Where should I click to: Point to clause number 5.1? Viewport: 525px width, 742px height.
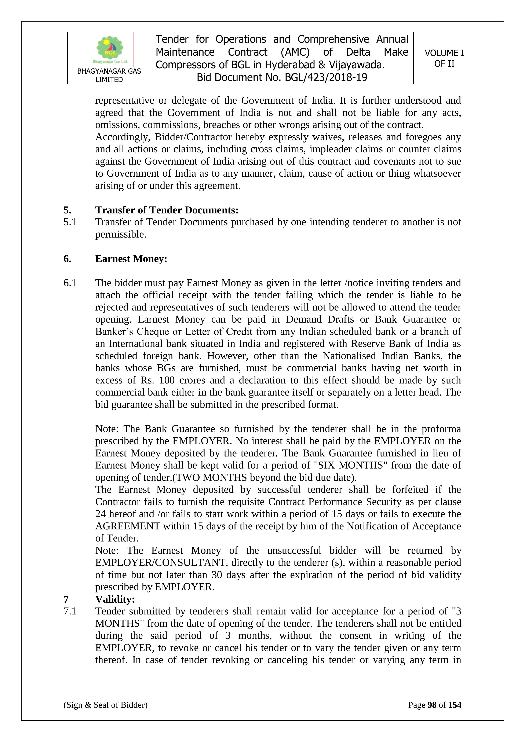[x=70, y=222]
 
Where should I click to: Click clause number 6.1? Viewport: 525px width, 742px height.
[x=70, y=283]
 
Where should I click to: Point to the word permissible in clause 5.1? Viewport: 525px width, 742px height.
[x=121, y=234]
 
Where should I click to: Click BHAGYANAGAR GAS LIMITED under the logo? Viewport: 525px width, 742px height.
[x=109, y=75]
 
